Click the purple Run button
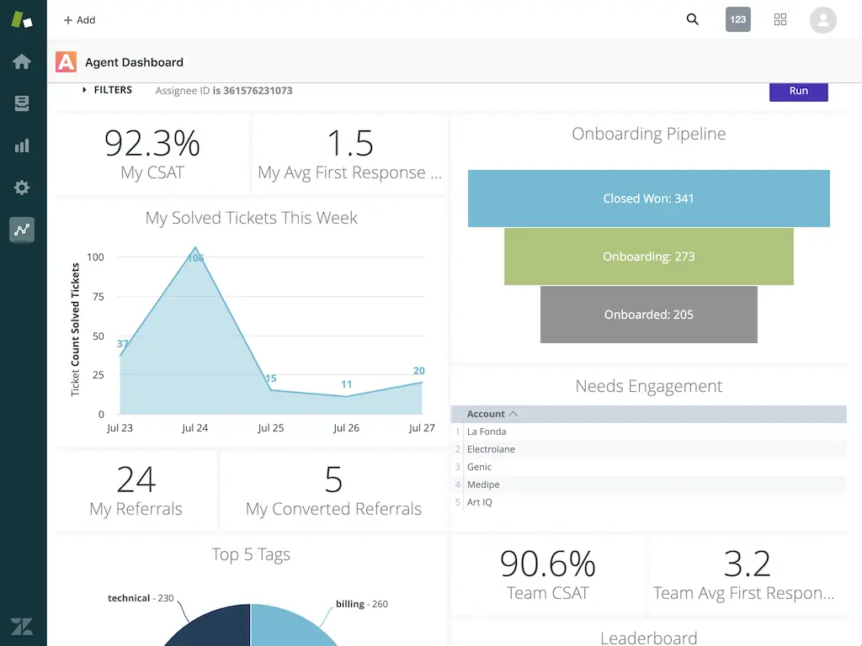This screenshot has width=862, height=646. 798,91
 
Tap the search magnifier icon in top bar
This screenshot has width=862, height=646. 692,19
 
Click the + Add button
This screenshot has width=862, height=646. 80,20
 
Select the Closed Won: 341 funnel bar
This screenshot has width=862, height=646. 648,199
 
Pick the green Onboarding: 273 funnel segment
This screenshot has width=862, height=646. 648,257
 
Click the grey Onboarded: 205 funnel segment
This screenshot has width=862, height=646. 648,315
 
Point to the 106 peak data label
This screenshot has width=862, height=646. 196,257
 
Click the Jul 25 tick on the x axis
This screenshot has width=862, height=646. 270,428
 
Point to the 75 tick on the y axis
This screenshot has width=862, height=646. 98,296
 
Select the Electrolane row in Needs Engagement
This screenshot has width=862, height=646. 491,449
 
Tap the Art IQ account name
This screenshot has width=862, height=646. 480,502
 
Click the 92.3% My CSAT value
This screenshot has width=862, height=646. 152,143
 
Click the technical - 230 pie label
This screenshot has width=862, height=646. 141,598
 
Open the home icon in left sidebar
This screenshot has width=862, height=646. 22,61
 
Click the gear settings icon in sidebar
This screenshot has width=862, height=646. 22,188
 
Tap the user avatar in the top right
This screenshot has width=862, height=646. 822,20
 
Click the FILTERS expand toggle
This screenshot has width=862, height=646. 85,90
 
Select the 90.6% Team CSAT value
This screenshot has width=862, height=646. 547,564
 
